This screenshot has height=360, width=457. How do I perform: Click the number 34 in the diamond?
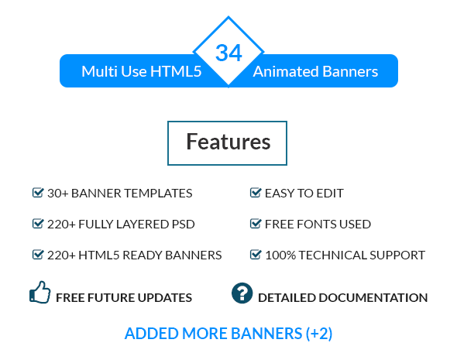[x=228, y=53]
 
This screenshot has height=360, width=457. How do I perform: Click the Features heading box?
[x=228, y=142]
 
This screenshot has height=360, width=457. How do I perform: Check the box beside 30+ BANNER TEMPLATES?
[x=37, y=193]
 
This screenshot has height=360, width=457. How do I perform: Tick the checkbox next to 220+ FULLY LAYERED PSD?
[x=37, y=224]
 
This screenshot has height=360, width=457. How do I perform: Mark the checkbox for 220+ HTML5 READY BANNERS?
[x=37, y=254]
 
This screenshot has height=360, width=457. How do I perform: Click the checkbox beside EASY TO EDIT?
[x=255, y=193]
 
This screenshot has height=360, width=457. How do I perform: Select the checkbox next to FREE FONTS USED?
[x=255, y=224]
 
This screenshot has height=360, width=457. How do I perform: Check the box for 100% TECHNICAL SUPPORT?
[x=255, y=254]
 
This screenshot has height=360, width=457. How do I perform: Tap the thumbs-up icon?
[x=40, y=293]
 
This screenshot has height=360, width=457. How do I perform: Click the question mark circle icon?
[x=242, y=293]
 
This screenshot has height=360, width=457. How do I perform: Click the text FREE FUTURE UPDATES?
[x=124, y=297]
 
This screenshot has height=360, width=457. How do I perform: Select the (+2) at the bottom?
[x=318, y=334]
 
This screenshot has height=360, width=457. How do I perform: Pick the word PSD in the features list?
[x=182, y=225]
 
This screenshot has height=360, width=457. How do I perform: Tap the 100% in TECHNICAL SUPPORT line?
[x=280, y=255]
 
